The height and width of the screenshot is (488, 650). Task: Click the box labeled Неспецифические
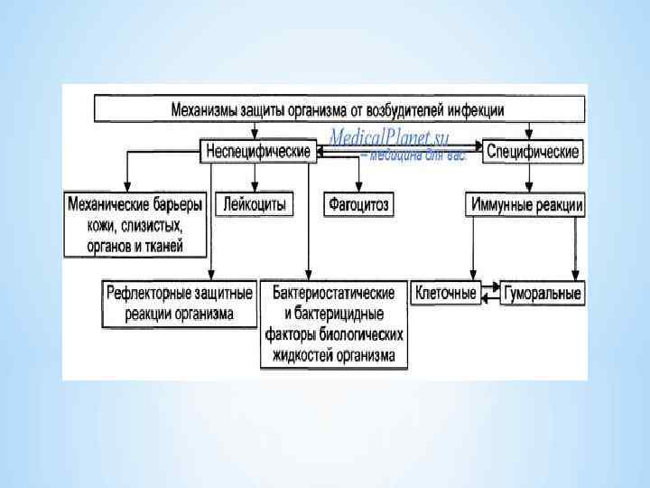point(258,151)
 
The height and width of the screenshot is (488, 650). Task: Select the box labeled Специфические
point(533,151)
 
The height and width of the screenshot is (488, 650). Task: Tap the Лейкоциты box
point(255,205)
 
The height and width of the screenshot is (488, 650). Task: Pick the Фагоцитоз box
point(357,205)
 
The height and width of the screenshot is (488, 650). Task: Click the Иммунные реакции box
point(526,205)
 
